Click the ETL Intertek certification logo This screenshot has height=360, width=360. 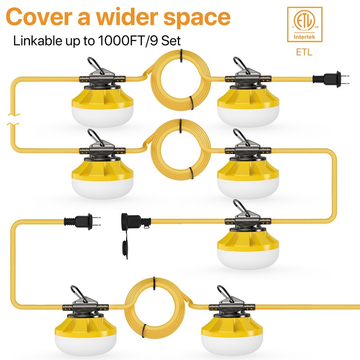[x=304, y=25]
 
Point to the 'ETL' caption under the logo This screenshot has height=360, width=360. [x=304, y=53]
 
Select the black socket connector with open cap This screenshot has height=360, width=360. [x=130, y=221]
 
